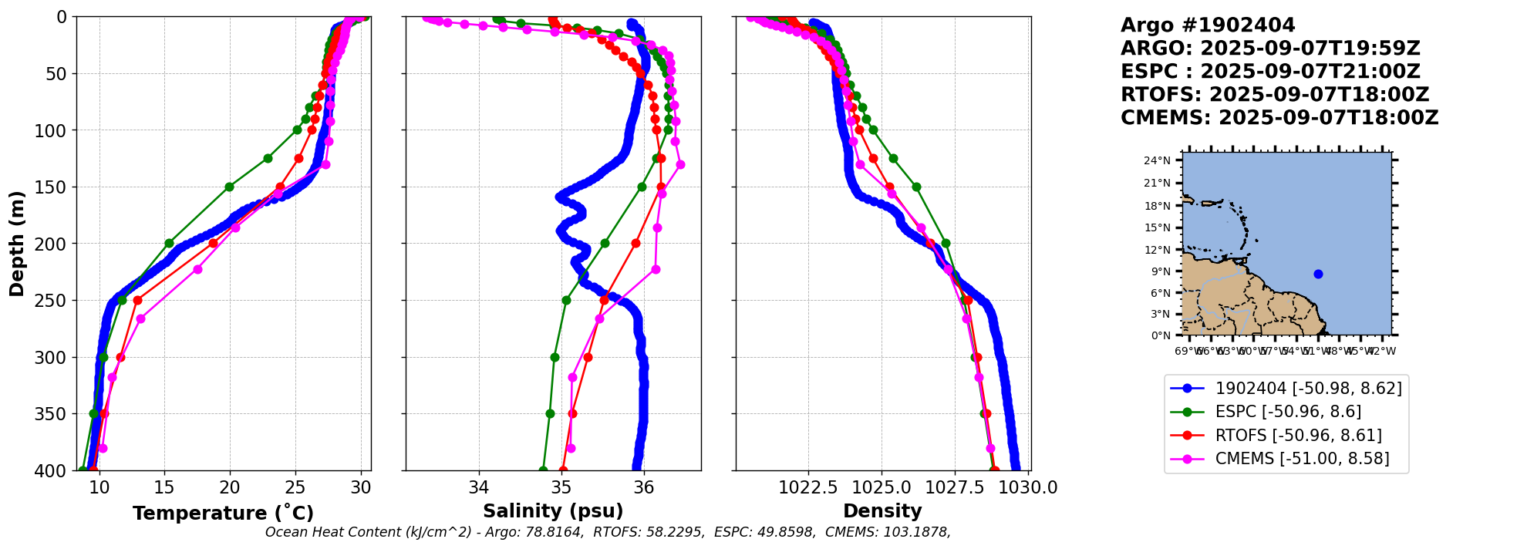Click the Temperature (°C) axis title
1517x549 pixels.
pos(223,514)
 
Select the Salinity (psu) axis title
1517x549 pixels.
pos(553,511)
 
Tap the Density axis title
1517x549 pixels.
pos(882,511)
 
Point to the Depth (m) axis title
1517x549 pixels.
pos(17,244)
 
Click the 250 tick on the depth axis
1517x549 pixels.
pos(56,301)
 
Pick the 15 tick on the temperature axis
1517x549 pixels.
pos(164,488)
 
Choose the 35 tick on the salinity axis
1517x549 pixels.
pos(561,488)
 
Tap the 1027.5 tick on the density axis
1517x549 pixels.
pos(956,488)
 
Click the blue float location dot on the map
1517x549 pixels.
pos(1318,274)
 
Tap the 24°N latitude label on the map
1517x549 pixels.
pos(1157,161)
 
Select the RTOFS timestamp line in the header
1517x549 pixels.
pos(1274,95)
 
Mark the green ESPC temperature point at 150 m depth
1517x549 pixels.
pos(229,187)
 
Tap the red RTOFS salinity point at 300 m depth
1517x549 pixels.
pos(588,357)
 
